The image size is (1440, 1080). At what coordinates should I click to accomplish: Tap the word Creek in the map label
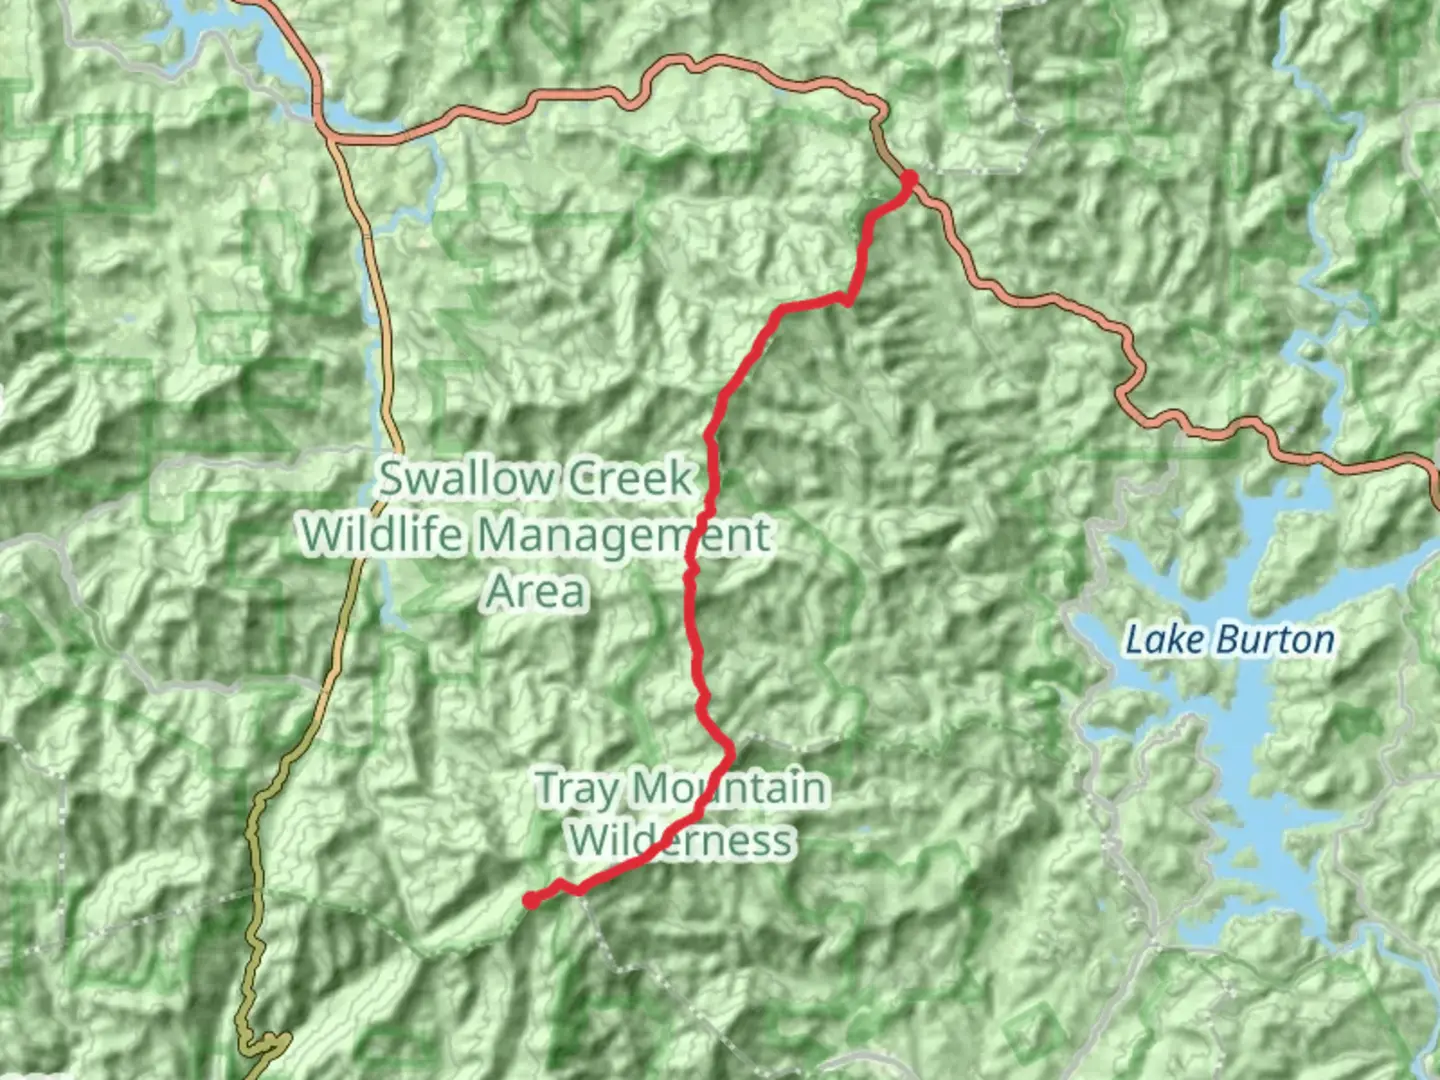(628, 478)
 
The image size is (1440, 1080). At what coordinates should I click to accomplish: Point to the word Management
(622, 536)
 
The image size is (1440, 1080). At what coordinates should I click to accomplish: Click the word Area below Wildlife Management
(536, 590)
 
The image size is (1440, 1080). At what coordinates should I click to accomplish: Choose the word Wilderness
(682, 840)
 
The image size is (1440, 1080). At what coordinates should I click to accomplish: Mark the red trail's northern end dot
(909, 180)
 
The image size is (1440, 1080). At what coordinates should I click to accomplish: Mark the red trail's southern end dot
(531, 900)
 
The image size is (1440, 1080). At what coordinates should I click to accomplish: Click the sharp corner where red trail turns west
(848, 297)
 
